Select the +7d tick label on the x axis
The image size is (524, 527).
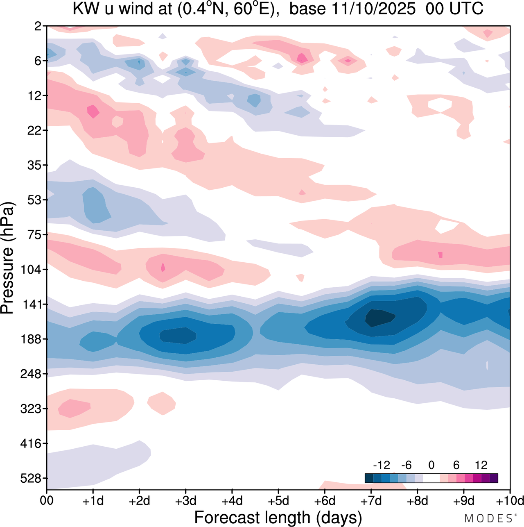coord(371,501)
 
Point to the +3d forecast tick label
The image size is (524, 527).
coord(186,501)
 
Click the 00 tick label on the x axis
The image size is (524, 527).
coord(47,501)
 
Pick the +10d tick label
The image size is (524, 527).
coord(509,501)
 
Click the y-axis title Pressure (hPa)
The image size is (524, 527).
coord(7,258)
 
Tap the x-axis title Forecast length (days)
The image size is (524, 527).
coord(278,517)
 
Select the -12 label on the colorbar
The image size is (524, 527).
coord(382,465)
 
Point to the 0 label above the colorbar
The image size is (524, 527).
coord(431,465)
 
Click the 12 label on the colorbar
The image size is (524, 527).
coord(481,465)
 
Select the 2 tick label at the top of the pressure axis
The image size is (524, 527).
coord(38,26)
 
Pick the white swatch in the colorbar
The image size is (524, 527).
coord(431,478)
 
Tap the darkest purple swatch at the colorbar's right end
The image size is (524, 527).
coord(494,478)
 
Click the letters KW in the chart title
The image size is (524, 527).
coord(82,9)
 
